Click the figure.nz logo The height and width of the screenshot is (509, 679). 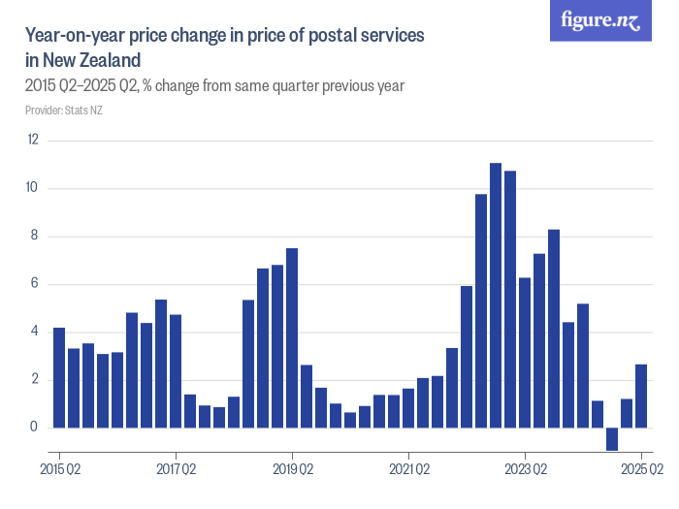[x=600, y=20]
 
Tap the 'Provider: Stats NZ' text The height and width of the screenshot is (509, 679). [x=64, y=111]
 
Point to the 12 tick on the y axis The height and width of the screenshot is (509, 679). [x=33, y=141]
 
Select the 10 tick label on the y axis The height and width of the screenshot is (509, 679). [x=33, y=188]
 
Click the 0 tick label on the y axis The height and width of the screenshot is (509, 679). [x=35, y=428]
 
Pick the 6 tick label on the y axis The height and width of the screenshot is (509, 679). [x=35, y=284]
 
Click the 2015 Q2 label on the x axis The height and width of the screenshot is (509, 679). [x=59, y=469]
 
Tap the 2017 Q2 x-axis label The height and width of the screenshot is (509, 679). [x=176, y=469]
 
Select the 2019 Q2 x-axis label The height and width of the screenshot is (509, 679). [x=292, y=469]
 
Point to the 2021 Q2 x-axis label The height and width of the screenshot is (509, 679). [x=408, y=469]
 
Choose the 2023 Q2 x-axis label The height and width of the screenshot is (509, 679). [x=525, y=469]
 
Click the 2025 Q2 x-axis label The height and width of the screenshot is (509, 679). [x=641, y=469]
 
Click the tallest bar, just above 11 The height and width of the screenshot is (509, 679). [x=496, y=296]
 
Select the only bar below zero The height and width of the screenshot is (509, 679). [x=612, y=439]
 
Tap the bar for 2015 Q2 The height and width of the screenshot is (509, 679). [x=59, y=378]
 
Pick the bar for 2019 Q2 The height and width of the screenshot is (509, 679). [x=292, y=338]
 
